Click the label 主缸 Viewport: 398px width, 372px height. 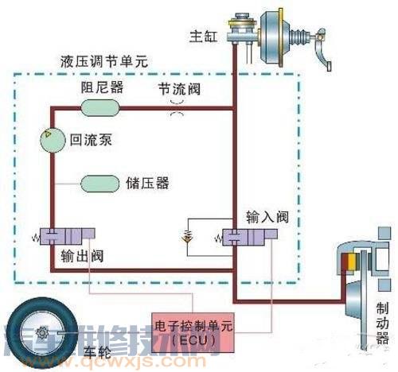pyautogui.click(x=199, y=37)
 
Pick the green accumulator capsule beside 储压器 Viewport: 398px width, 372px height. pyautogui.click(x=98, y=183)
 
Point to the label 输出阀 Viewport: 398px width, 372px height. pyautogui.click(x=80, y=257)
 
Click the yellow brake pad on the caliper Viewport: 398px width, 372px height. pyautogui.click(x=346, y=263)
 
